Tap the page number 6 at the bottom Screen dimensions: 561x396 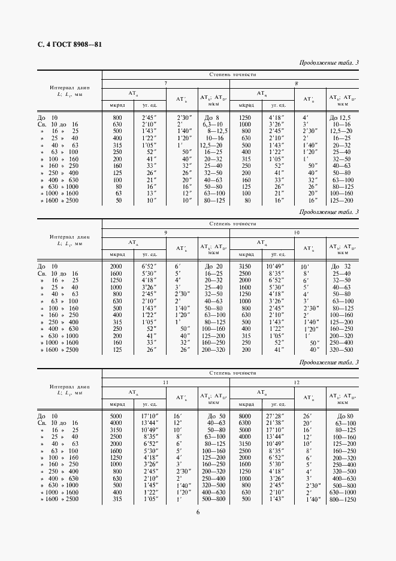coord(197,511)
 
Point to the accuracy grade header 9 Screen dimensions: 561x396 coord(165,231)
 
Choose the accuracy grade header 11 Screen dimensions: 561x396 coord(165,381)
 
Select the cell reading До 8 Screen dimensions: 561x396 coord(212,117)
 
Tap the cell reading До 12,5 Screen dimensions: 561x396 coord(342,117)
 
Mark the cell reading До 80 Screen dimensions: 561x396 coord(343,416)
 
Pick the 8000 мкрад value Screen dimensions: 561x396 coord(244,416)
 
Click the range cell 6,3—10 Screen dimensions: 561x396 coord(212,124)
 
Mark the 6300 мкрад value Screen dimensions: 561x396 coord(244,423)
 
